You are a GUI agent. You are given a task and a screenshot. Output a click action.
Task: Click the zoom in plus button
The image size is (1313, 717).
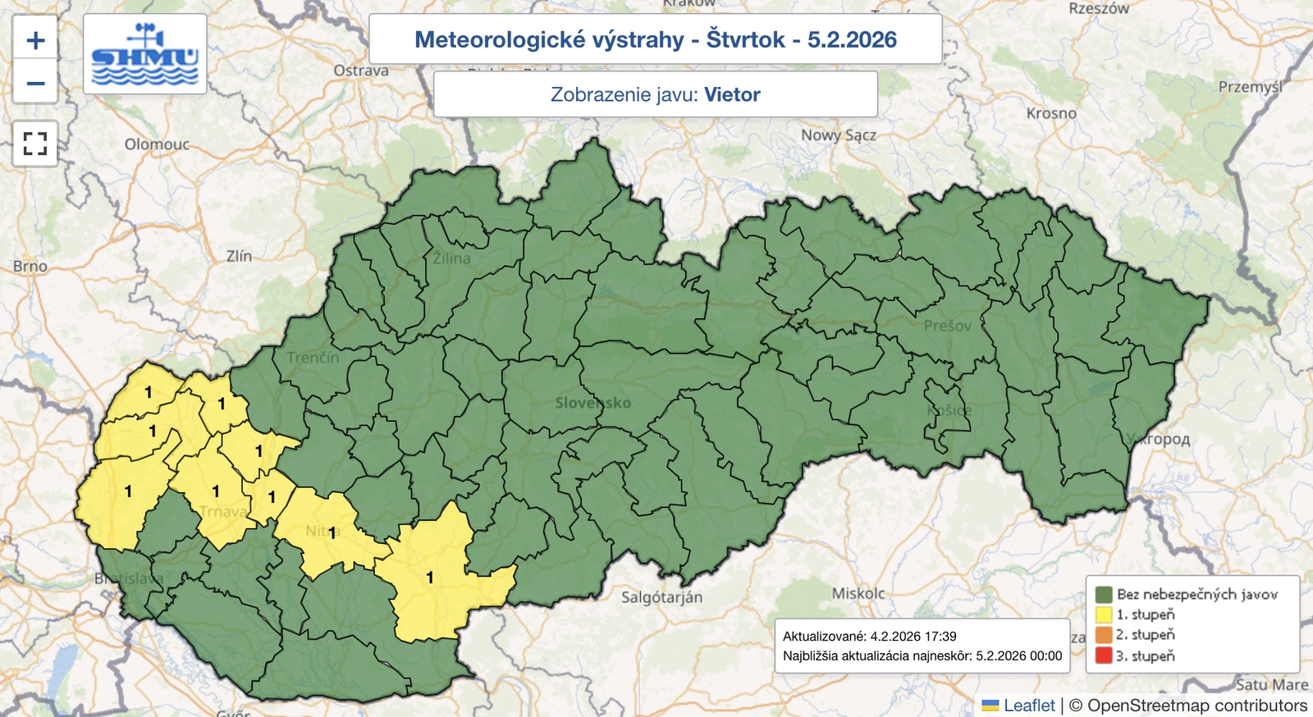click(x=35, y=39)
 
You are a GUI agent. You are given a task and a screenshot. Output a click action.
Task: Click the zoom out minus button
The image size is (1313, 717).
click(x=35, y=83)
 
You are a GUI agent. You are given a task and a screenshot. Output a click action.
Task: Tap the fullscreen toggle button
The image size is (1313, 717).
click(x=35, y=144)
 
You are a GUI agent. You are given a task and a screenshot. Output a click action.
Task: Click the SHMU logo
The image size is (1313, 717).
click(x=145, y=54)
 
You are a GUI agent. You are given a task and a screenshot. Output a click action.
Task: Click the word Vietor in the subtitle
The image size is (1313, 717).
click(x=732, y=94)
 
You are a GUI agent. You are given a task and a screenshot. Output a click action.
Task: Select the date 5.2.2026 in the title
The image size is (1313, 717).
click(x=852, y=39)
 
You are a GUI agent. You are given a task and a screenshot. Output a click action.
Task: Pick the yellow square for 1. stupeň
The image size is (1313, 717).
click(x=1104, y=614)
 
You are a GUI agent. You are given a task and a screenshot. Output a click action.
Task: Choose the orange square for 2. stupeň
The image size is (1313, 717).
click(x=1104, y=635)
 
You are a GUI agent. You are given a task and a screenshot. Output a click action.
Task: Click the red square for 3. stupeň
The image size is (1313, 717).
click(x=1104, y=655)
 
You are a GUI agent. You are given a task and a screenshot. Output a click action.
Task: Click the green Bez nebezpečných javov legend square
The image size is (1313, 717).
click(x=1104, y=594)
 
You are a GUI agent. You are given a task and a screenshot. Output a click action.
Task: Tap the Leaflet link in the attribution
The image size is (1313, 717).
click(x=1029, y=706)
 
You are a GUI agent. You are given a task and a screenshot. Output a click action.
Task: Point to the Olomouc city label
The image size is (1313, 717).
click(x=157, y=144)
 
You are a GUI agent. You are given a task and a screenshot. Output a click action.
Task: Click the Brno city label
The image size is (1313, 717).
click(x=30, y=266)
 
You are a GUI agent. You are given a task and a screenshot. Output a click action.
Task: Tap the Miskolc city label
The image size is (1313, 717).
click(x=858, y=593)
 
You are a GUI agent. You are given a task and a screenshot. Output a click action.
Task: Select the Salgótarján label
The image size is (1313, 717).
click(x=661, y=597)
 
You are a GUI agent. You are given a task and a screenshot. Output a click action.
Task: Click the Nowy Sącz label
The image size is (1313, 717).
click(x=838, y=135)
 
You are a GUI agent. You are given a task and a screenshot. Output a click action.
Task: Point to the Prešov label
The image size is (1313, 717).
click(x=947, y=326)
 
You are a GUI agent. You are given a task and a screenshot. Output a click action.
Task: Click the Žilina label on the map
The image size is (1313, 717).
click(x=452, y=258)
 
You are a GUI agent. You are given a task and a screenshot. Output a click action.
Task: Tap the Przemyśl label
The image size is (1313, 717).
click(x=1249, y=87)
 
